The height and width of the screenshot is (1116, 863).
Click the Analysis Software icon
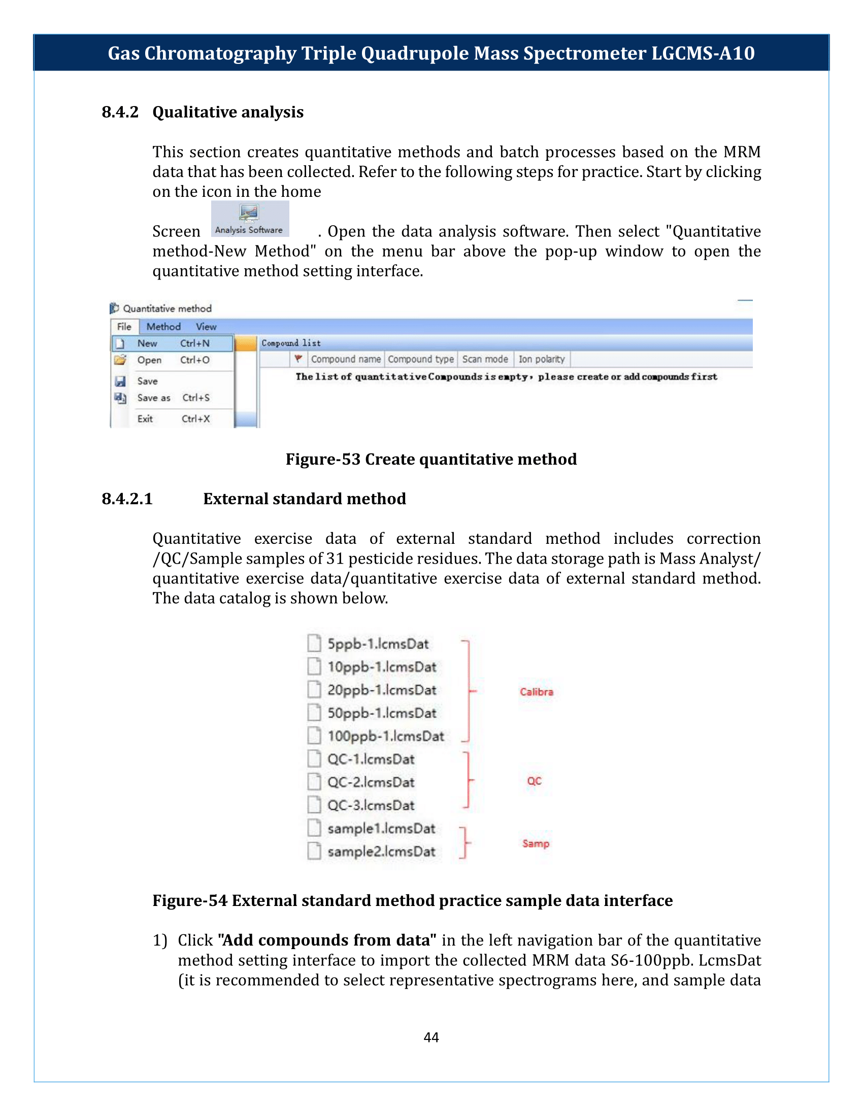click(249, 218)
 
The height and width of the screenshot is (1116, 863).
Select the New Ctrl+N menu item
click(172, 343)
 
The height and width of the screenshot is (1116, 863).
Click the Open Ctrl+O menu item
click(172, 360)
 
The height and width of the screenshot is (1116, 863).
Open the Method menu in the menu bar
click(163, 327)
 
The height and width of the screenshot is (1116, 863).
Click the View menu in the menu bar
click(206, 327)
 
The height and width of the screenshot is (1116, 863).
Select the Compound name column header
click(346, 359)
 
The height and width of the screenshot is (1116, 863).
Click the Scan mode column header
click(485, 359)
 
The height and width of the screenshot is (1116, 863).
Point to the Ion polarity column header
click(542, 359)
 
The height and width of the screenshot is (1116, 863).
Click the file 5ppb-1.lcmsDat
click(377, 644)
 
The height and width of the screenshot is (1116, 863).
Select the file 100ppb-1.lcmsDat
click(385, 737)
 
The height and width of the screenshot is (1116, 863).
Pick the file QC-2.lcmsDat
click(370, 782)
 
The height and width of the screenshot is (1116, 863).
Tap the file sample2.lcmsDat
click(381, 852)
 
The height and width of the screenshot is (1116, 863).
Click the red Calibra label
click(536, 692)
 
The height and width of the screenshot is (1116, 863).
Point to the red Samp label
click(535, 844)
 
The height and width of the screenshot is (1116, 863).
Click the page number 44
click(431, 1037)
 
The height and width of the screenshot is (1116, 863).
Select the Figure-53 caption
click(431, 459)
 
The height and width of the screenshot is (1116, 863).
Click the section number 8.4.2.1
click(127, 499)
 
